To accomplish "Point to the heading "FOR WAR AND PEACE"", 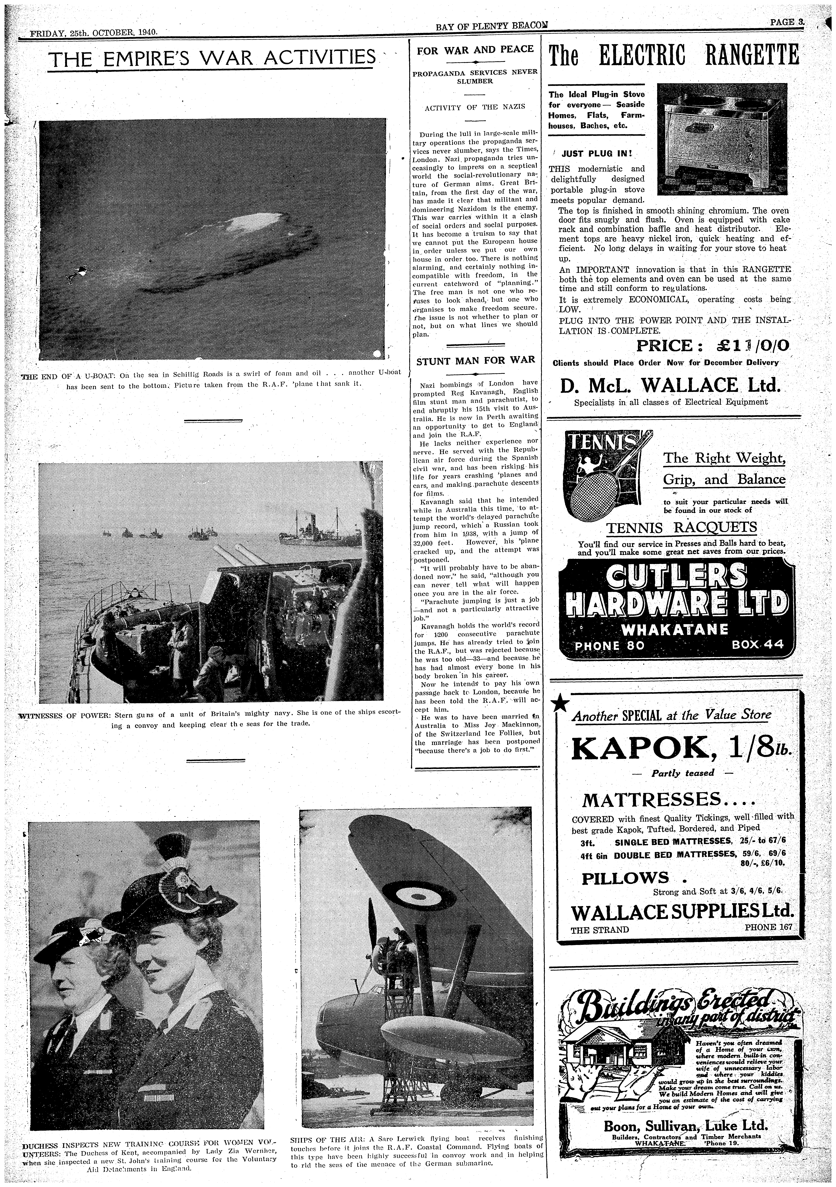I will [475, 49].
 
